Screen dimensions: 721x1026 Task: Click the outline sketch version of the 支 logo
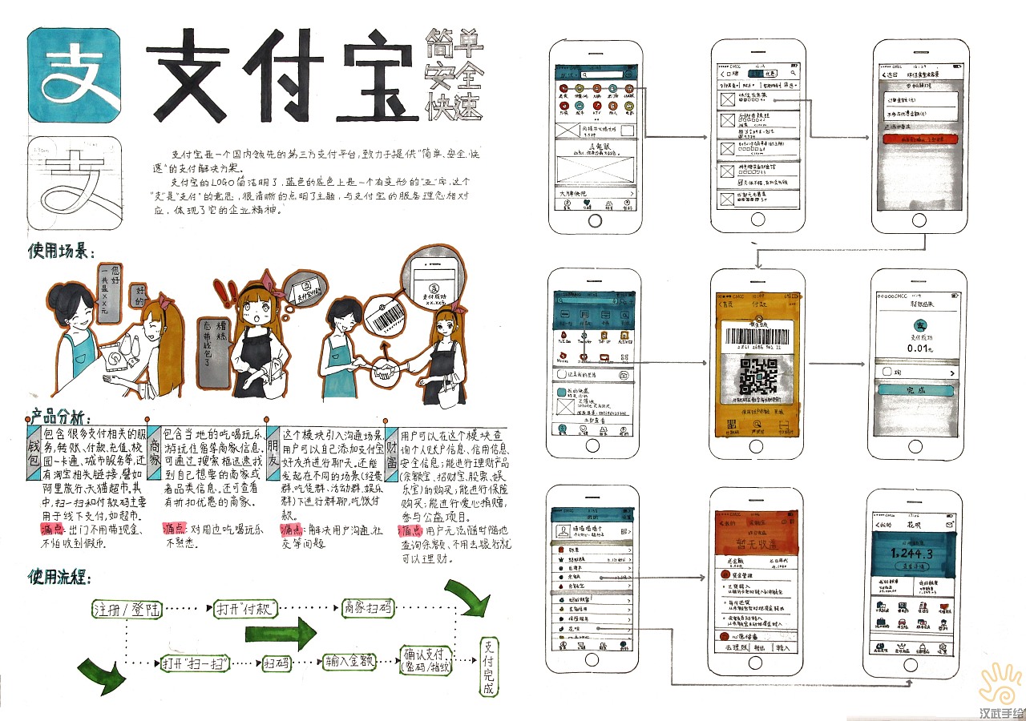click(74, 183)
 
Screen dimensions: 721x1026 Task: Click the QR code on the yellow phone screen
click(757, 375)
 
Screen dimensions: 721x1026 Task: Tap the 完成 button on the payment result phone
click(915, 390)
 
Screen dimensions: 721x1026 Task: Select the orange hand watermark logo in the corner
click(1000, 683)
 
